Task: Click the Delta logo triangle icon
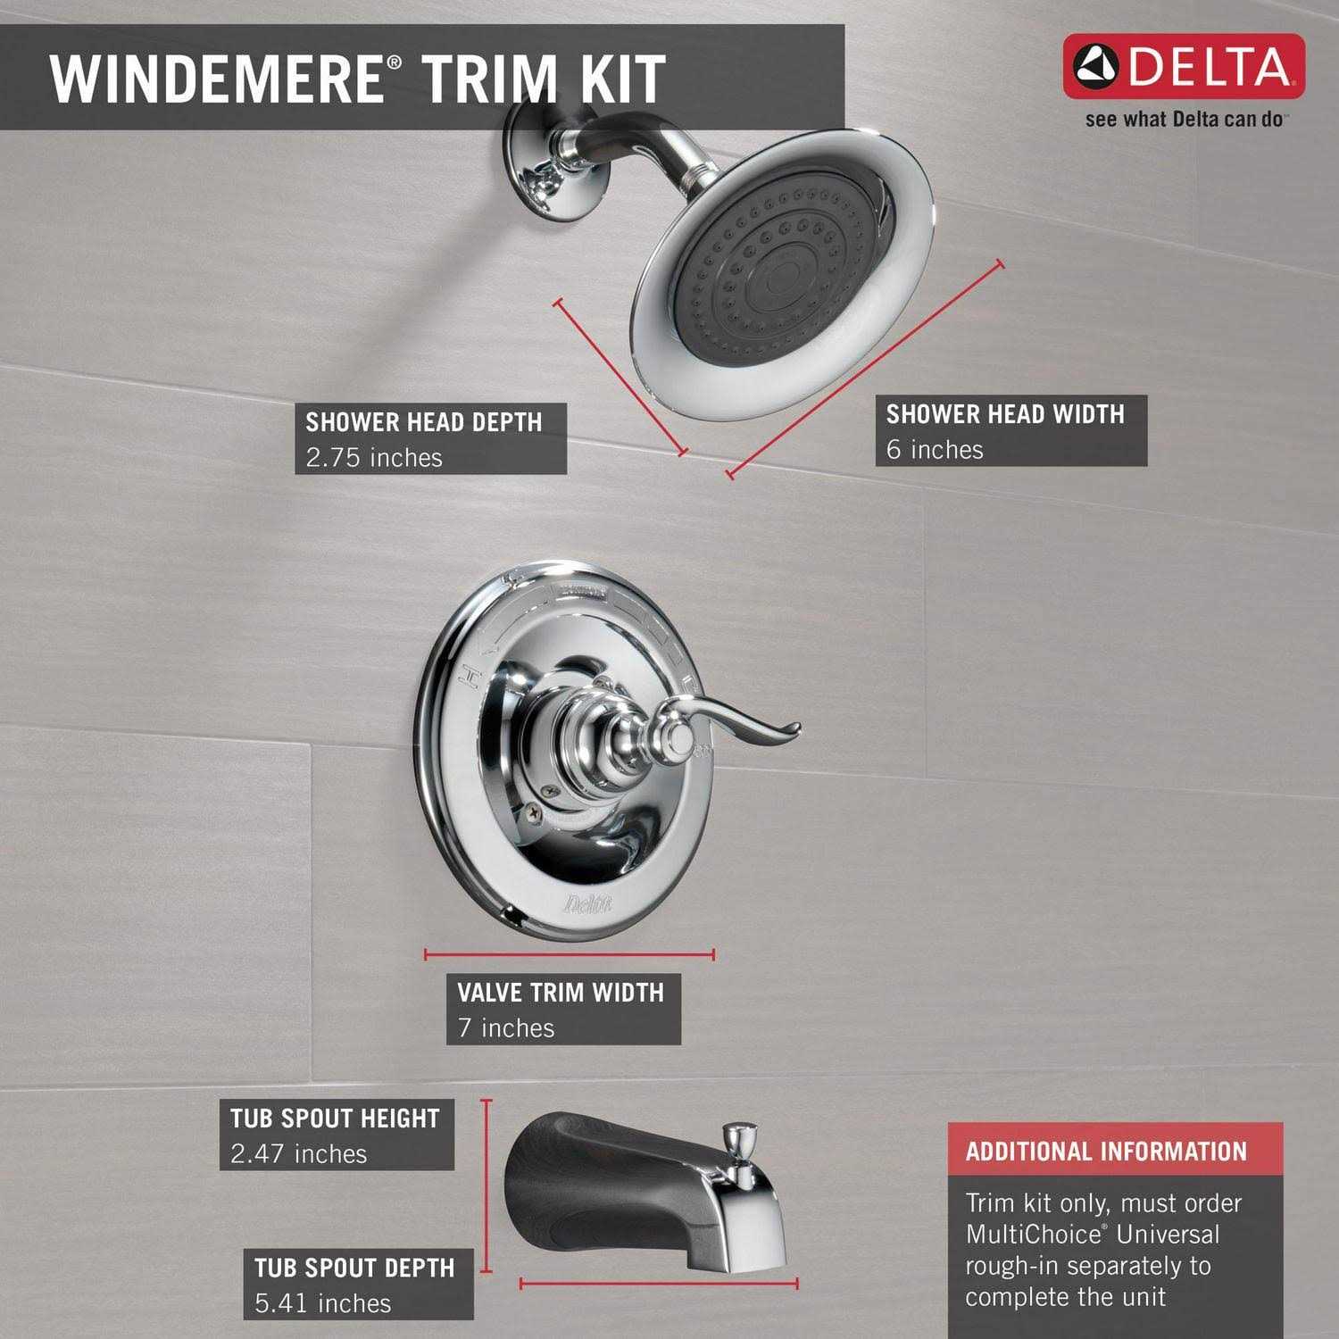coord(1097,68)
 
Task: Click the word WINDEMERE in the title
coord(215,78)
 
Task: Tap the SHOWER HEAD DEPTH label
coord(424,421)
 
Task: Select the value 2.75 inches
coord(374,458)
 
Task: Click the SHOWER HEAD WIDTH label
coord(1005,413)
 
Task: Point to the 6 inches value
coord(935,450)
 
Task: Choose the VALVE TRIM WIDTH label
coord(561,992)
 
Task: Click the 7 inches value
coord(506,1028)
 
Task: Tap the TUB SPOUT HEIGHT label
coord(335,1118)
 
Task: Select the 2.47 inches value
coord(299,1154)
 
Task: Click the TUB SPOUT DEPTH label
coord(354,1268)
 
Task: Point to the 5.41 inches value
coord(323,1304)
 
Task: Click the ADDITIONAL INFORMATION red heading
coord(1106,1152)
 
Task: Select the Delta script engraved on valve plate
coord(587,905)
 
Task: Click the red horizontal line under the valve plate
coord(570,955)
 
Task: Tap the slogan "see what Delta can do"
coord(1184,120)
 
